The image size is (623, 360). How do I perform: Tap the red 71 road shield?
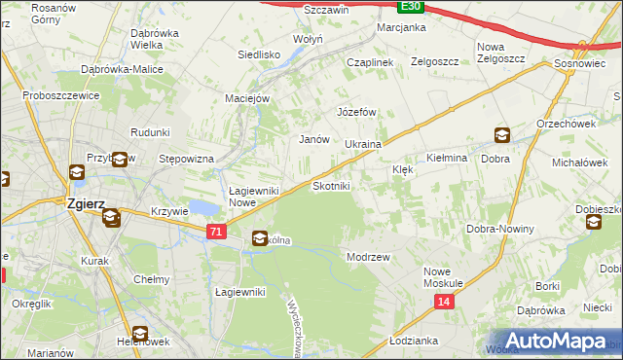point(218,231)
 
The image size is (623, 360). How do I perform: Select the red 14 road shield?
point(444,303)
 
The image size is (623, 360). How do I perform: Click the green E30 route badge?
point(411,6)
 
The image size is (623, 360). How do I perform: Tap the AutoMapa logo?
point(553,341)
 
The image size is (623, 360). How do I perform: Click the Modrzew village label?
point(369,257)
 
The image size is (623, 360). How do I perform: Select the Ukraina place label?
point(362,144)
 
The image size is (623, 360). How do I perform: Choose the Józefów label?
point(356,112)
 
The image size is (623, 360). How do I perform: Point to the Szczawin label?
point(326,9)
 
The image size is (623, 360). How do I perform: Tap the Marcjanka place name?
point(402,27)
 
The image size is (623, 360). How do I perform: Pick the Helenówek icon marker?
point(140,334)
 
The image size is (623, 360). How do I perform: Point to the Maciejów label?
point(253,97)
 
